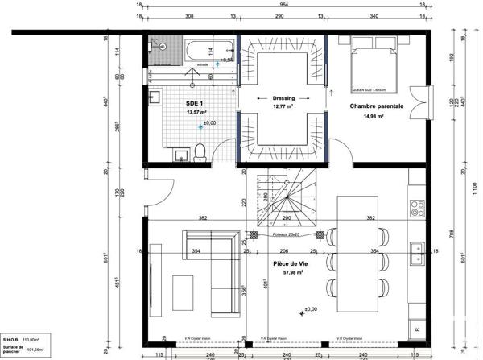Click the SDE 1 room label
point(194,104)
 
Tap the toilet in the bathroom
point(201,151)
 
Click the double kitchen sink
point(417,254)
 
